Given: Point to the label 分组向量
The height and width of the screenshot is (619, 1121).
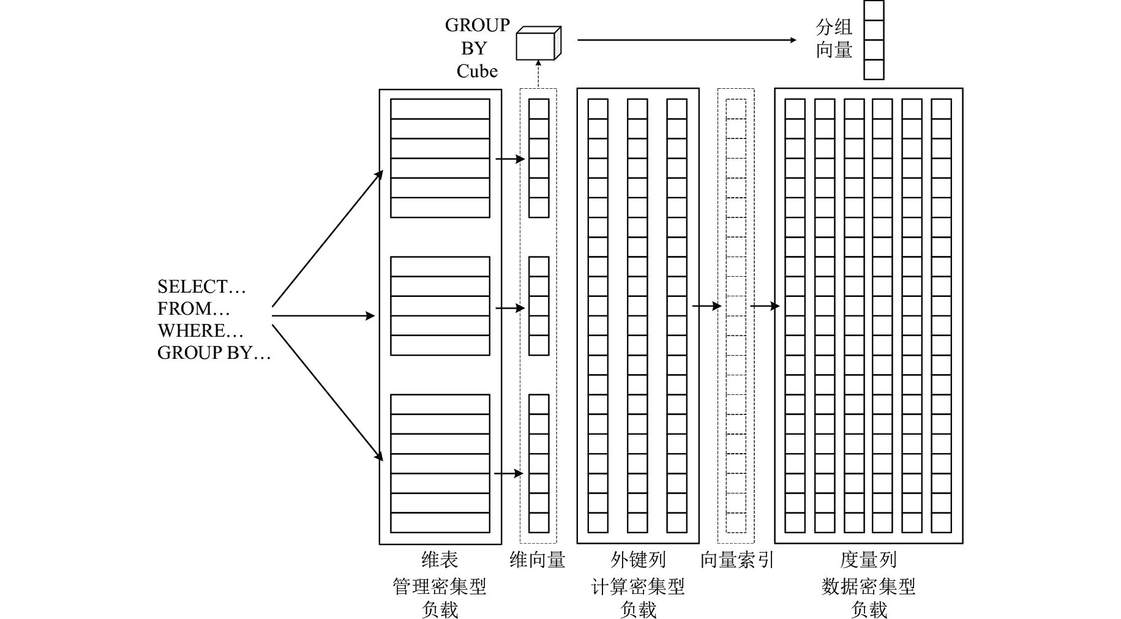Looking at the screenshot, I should click(x=834, y=38).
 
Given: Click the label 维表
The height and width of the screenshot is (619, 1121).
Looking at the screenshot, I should click(x=440, y=560).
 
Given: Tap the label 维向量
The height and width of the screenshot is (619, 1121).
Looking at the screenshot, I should click(x=538, y=560).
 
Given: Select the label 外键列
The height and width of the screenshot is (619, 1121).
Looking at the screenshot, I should click(x=638, y=560).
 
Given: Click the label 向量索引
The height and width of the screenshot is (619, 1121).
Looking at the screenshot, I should click(x=737, y=560).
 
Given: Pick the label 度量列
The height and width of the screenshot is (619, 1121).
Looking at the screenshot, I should click(x=868, y=560).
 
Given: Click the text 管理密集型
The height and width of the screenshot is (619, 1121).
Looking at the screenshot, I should click(x=440, y=587).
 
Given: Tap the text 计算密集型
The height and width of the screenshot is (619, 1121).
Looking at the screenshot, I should click(x=638, y=587).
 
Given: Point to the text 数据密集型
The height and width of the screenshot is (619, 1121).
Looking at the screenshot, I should click(x=868, y=587).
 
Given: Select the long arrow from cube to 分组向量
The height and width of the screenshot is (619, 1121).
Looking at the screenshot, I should click(x=686, y=40).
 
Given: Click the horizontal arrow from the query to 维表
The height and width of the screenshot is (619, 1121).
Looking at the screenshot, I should click(x=323, y=316).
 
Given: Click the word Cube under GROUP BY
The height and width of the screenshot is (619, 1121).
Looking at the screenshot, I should click(x=477, y=71).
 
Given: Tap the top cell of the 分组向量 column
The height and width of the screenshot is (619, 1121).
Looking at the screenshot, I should click(x=874, y=10).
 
